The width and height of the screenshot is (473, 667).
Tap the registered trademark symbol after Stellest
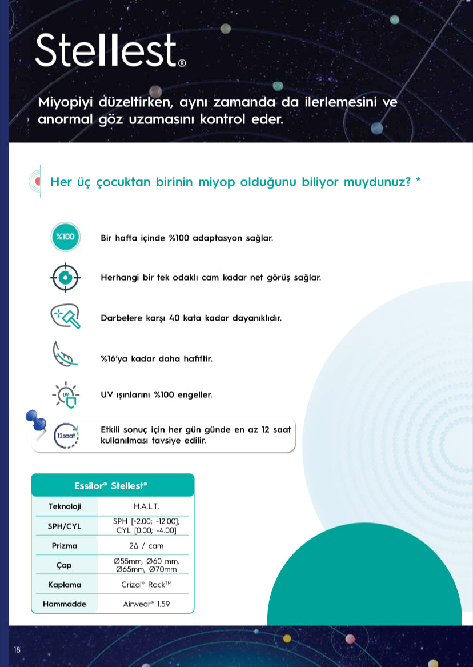[182, 63]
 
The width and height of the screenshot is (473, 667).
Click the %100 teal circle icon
[66, 237]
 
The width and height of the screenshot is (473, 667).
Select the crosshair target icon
[65, 277]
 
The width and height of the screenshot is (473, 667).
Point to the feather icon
[65, 354]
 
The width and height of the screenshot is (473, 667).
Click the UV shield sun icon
[66, 395]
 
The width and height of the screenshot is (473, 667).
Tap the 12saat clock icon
[66, 436]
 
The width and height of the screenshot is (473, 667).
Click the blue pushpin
[36, 422]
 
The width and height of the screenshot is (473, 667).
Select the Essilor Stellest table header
[112, 485]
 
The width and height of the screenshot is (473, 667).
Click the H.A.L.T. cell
[146, 506]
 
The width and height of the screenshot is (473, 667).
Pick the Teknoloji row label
[65, 506]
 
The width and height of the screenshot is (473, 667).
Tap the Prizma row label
[65, 546]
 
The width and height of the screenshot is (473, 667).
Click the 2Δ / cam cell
[146, 546]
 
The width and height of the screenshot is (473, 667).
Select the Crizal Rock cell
[146, 585]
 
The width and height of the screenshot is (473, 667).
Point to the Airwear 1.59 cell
[146, 604]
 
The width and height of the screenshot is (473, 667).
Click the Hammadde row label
[65, 604]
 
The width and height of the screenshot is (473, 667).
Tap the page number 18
[17, 650]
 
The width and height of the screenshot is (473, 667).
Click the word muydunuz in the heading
[377, 182]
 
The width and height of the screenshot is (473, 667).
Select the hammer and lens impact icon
[65, 316]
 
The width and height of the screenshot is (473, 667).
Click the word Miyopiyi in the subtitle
[66, 103]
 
